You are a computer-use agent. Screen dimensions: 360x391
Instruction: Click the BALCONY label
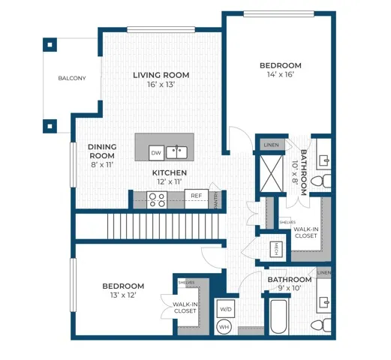[x=72, y=79]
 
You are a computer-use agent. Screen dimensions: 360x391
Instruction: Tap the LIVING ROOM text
[x=161, y=75]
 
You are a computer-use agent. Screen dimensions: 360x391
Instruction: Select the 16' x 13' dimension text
[x=161, y=85]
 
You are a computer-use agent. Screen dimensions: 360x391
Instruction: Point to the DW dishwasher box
[x=156, y=153]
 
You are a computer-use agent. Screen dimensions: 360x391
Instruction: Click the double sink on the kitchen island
[x=177, y=152]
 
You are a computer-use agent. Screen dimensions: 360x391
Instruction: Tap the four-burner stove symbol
[x=157, y=199]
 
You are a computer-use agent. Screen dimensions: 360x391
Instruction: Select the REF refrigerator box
[x=196, y=196]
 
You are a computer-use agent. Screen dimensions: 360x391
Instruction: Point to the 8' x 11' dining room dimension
[x=101, y=164]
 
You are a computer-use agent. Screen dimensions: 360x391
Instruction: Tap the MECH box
[x=276, y=245]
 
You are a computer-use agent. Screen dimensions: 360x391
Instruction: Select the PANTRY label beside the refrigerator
[x=216, y=199]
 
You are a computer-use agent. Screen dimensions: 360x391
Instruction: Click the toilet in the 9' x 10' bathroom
[x=320, y=324]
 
